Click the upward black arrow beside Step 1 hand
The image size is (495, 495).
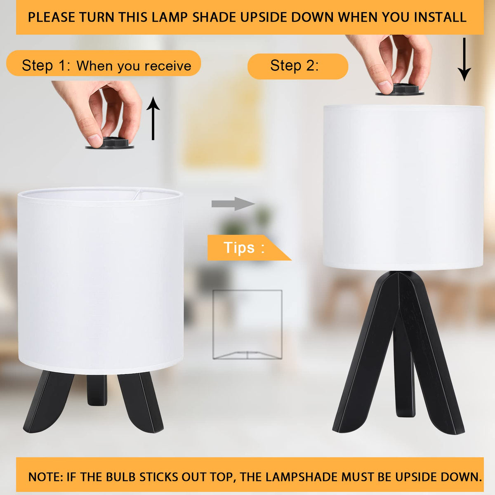(x=153, y=118)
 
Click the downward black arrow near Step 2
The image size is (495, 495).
(x=464, y=59)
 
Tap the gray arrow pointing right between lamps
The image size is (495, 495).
(x=233, y=204)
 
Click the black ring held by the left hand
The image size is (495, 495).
(x=110, y=143)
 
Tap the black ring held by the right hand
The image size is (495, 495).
(x=400, y=90)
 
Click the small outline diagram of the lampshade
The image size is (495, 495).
(x=247, y=325)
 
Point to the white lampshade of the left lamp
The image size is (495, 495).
(x=100, y=280)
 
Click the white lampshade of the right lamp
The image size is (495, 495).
(x=403, y=187)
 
